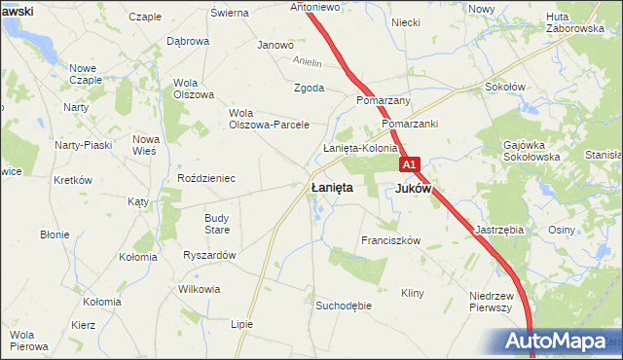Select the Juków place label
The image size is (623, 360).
coord(414,189)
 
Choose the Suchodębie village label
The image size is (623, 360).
coord(344,306)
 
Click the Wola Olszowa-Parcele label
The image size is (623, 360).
coord(269,119)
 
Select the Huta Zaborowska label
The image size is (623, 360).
coord(575,22)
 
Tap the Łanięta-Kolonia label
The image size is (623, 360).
coord(360,148)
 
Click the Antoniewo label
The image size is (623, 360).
coord(314,7)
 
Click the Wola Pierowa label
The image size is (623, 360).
coord(29,340)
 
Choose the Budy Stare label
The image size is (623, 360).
coord(217,224)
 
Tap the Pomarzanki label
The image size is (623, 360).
coord(410,125)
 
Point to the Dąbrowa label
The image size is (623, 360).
coord(188,42)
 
